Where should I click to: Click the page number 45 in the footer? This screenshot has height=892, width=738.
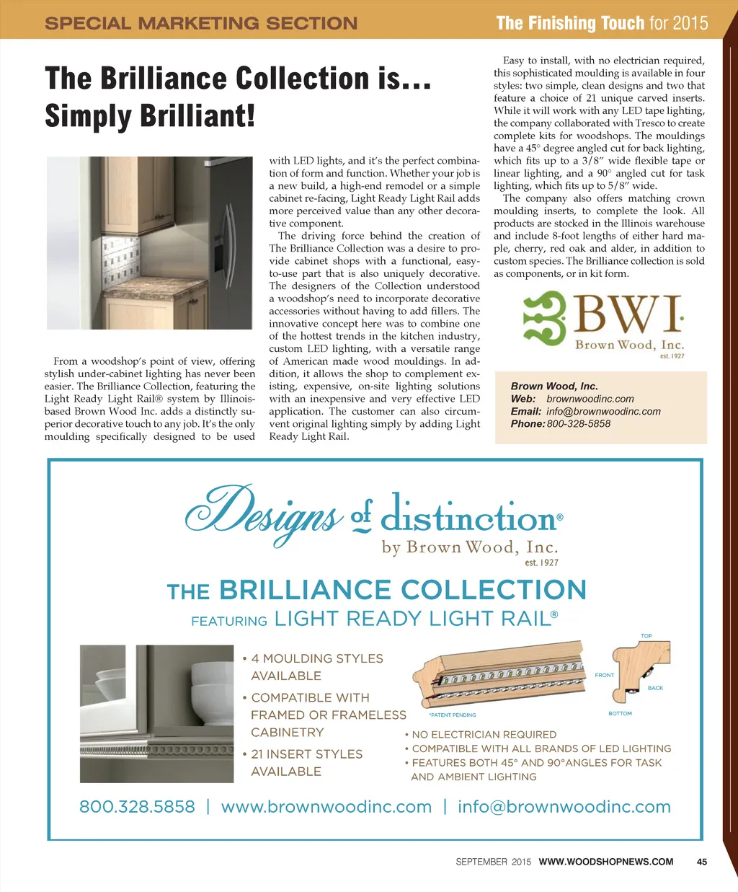pos(702,861)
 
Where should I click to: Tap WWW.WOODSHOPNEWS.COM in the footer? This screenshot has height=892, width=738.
pos(606,861)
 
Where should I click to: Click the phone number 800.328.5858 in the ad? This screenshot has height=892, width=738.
pos(137,807)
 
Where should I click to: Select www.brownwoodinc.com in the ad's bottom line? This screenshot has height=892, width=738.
pos(326,807)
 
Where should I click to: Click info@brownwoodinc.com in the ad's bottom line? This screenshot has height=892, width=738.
pos(564,807)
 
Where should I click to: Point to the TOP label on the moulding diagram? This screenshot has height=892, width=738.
pos(646,636)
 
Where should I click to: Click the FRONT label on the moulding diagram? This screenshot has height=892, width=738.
pos(604,675)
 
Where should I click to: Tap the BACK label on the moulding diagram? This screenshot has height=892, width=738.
pos(655,688)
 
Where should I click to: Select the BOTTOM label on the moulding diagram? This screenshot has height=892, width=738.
pos(620,713)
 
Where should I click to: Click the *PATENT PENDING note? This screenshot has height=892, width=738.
pos(453,715)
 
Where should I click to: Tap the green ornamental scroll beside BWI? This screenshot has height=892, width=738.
pos(545,317)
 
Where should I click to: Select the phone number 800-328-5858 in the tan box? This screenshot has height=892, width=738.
pos(579,424)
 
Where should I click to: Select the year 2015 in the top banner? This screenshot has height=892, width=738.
pos(690,23)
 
